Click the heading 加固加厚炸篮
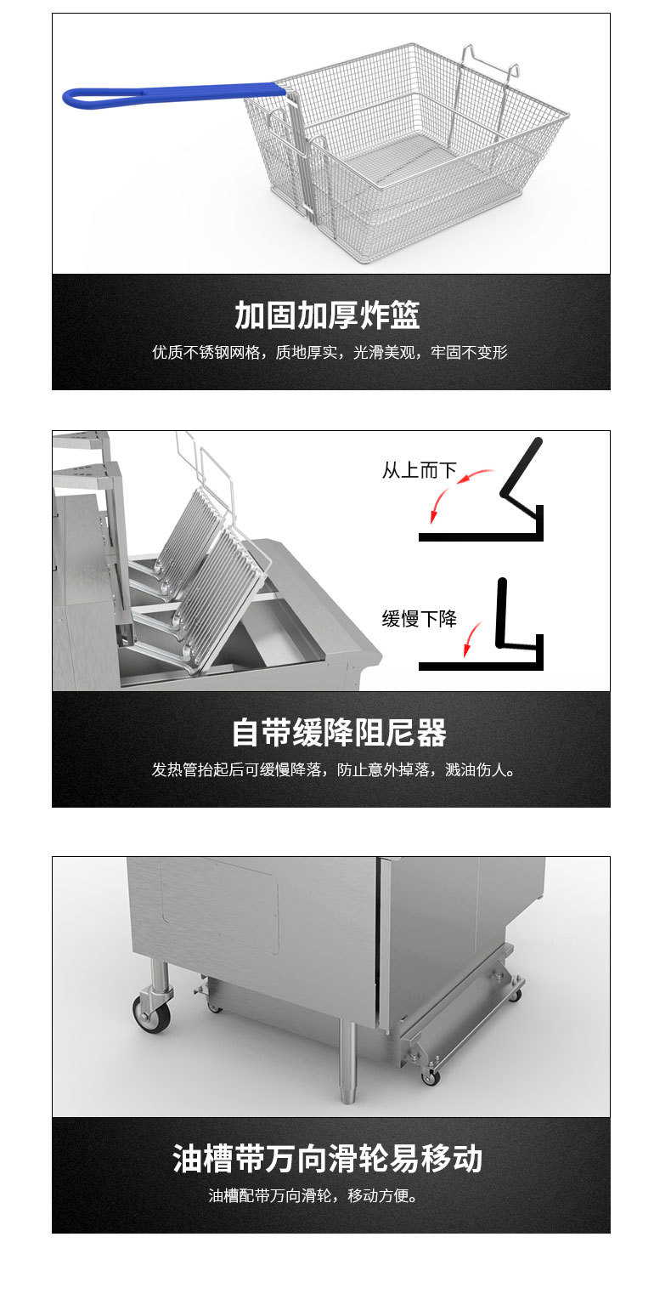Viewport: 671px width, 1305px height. [327, 315]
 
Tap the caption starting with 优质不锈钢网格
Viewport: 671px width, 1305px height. [330, 352]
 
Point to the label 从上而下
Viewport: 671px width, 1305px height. [419, 470]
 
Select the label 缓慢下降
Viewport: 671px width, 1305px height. [419, 619]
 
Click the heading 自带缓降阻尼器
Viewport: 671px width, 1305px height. [338, 733]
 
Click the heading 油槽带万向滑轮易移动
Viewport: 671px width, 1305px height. [327, 1158]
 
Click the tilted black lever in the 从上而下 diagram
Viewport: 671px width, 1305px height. [520, 468]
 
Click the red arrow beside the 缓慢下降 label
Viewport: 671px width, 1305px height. [470, 639]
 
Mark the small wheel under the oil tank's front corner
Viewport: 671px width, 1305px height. [431, 1077]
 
